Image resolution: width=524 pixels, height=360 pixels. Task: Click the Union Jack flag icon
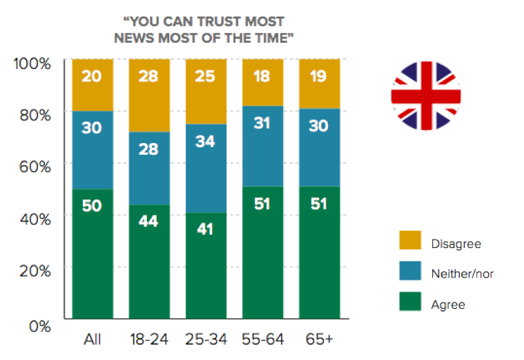pyautogui.click(x=425, y=95)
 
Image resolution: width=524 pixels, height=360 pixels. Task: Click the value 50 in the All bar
pyautogui.click(x=93, y=205)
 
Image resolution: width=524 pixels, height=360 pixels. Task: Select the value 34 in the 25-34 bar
pyautogui.click(x=206, y=142)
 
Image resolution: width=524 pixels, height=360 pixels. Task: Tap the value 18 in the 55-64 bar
pyautogui.click(x=262, y=76)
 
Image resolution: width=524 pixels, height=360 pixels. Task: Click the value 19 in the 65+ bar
pyautogui.click(x=320, y=76)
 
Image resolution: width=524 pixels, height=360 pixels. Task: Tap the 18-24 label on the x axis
pyautogui.click(x=149, y=339)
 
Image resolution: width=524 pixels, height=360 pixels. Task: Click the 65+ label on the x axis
pyautogui.click(x=320, y=339)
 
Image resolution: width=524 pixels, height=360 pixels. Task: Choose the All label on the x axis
pyautogui.click(x=93, y=339)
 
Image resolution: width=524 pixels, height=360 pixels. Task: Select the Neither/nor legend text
pyautogui.click(x=462, y=274)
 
